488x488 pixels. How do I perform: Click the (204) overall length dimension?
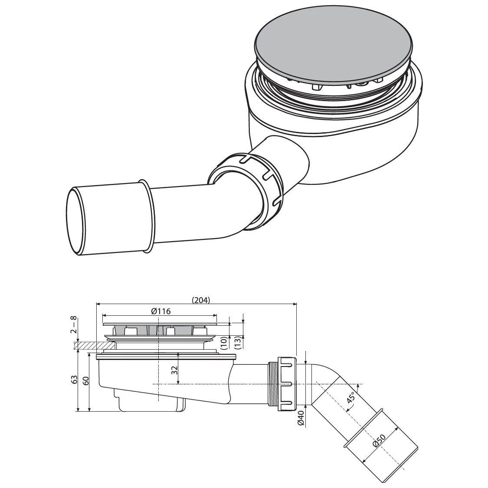click(x=200, y=300)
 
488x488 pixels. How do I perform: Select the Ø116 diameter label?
click(x=160, y=311)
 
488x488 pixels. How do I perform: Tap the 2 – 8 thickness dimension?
click(x=74, y=329)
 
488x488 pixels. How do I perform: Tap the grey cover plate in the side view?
click(x=160, y=324)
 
